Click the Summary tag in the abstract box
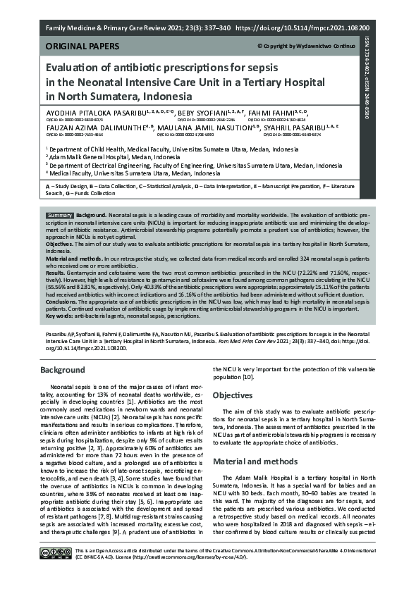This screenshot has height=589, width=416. pyautogui.click(x=59, y=214)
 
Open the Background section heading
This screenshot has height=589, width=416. pyautogui.click(x=63, y=370)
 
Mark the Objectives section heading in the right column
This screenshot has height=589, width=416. pyautogui.click(x=233, y=395)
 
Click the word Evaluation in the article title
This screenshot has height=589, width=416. pyautogui.click(x=78, y=68)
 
